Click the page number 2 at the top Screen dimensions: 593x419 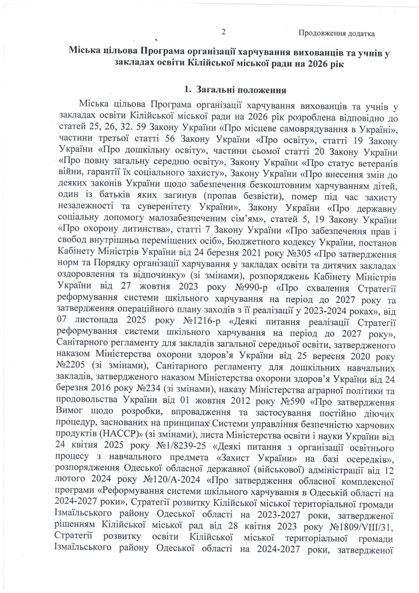tap(224, 32)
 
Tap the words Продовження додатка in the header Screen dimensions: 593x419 tap(336, 34)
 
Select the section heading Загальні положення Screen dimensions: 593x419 tap(241, 90)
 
